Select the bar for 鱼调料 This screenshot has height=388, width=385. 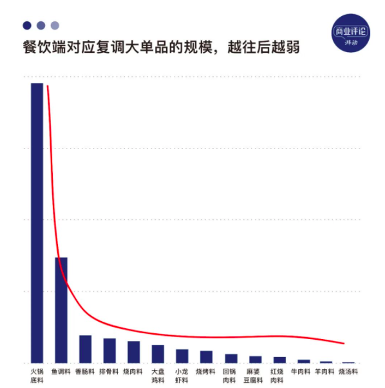pyautogui.click(x=61, y=309)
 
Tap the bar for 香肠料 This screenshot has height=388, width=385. pyautogui.click(x=85, y=349)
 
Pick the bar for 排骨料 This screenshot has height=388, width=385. pyautogui.click(x=109, y=350)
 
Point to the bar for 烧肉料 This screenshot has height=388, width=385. pyautogui.click(x=134, y=351)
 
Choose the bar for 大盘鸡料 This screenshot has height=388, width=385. pyautogui.click(x=158, y=353)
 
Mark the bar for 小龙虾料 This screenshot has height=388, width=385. pyautogui.click(x=182, y=356)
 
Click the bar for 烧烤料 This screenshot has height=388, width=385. pyautogui.click(x=206, y=356)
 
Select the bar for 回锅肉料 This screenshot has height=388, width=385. pyautogui.click(x=230, y=358)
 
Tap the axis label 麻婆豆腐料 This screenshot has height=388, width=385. pyautogui.click(x=255, y=376)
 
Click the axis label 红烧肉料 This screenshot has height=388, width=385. pyautogui.click(x=279, y=376)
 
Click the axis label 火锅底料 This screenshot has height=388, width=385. pyautogui.click(x=37, y=376)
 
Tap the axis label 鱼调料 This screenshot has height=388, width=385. pyautogui.click(x=61, y=372)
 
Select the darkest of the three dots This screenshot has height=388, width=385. pyautogui.click(x=27, y=26)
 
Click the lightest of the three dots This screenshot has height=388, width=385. pyautogui.click(x=55, y=26)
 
